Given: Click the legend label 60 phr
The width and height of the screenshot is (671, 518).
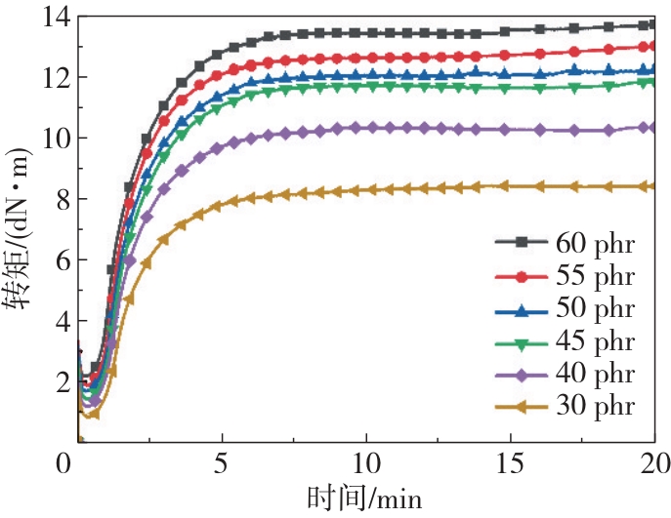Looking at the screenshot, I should (595, 242).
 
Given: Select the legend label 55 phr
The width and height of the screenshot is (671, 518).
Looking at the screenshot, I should (595, 275).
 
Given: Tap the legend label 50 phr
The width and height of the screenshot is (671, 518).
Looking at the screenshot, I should (595, 309).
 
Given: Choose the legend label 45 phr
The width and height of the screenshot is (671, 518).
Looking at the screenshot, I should (595, 341).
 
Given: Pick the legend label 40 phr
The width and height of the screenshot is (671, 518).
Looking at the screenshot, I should (595, 375).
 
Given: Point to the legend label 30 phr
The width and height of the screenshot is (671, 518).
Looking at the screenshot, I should (595, 407).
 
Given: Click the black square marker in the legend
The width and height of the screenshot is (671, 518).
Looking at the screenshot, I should (520, 242).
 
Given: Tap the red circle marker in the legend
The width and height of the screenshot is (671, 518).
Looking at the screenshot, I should (520, 276).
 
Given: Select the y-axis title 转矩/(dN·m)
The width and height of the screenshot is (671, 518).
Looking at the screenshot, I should (19, 229).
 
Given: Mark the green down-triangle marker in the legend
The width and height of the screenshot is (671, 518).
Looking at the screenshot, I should (520, 342).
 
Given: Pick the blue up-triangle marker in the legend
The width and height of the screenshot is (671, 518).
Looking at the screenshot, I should (520, 309).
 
